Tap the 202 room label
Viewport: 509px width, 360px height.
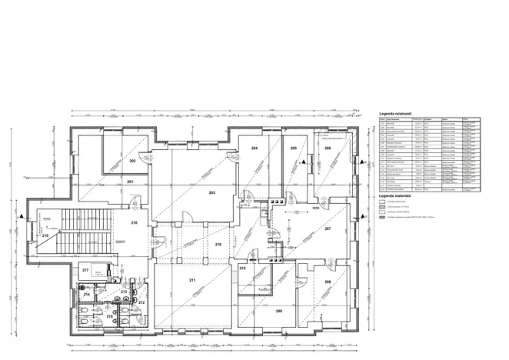132,161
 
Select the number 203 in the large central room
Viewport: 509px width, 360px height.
211,192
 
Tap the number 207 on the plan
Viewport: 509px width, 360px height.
327,228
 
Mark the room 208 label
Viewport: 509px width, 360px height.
327,282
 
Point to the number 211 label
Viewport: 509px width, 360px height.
192,280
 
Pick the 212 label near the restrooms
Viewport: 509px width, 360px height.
141,302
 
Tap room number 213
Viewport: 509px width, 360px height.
124,292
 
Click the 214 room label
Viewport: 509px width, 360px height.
87,295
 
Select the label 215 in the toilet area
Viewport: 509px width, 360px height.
109,316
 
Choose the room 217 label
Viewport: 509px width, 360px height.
86,270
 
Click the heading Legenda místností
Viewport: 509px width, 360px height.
397,113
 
